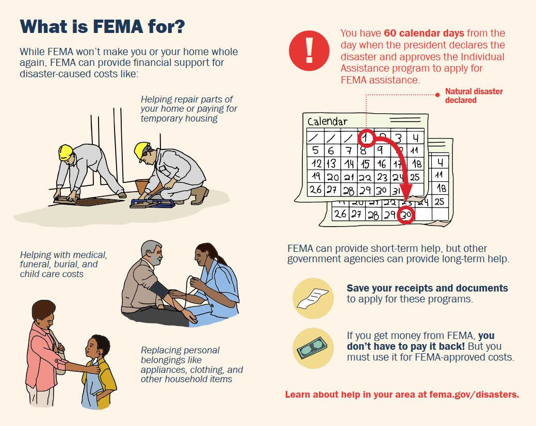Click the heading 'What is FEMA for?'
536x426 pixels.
point(102,26)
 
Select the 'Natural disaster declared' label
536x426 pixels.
point(474,96)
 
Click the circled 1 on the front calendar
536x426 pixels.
point(366,137)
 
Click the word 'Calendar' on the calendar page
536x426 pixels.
point(328,122)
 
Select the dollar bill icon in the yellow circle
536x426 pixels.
point(313,349)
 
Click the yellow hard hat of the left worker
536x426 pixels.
point(66,152)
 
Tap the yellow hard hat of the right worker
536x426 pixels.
point(141,150)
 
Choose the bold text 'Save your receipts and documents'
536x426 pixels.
point(427,288)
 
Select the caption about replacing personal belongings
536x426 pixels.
point(191,364)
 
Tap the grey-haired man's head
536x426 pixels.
point(152,251)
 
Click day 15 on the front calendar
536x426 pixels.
point(365,164)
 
